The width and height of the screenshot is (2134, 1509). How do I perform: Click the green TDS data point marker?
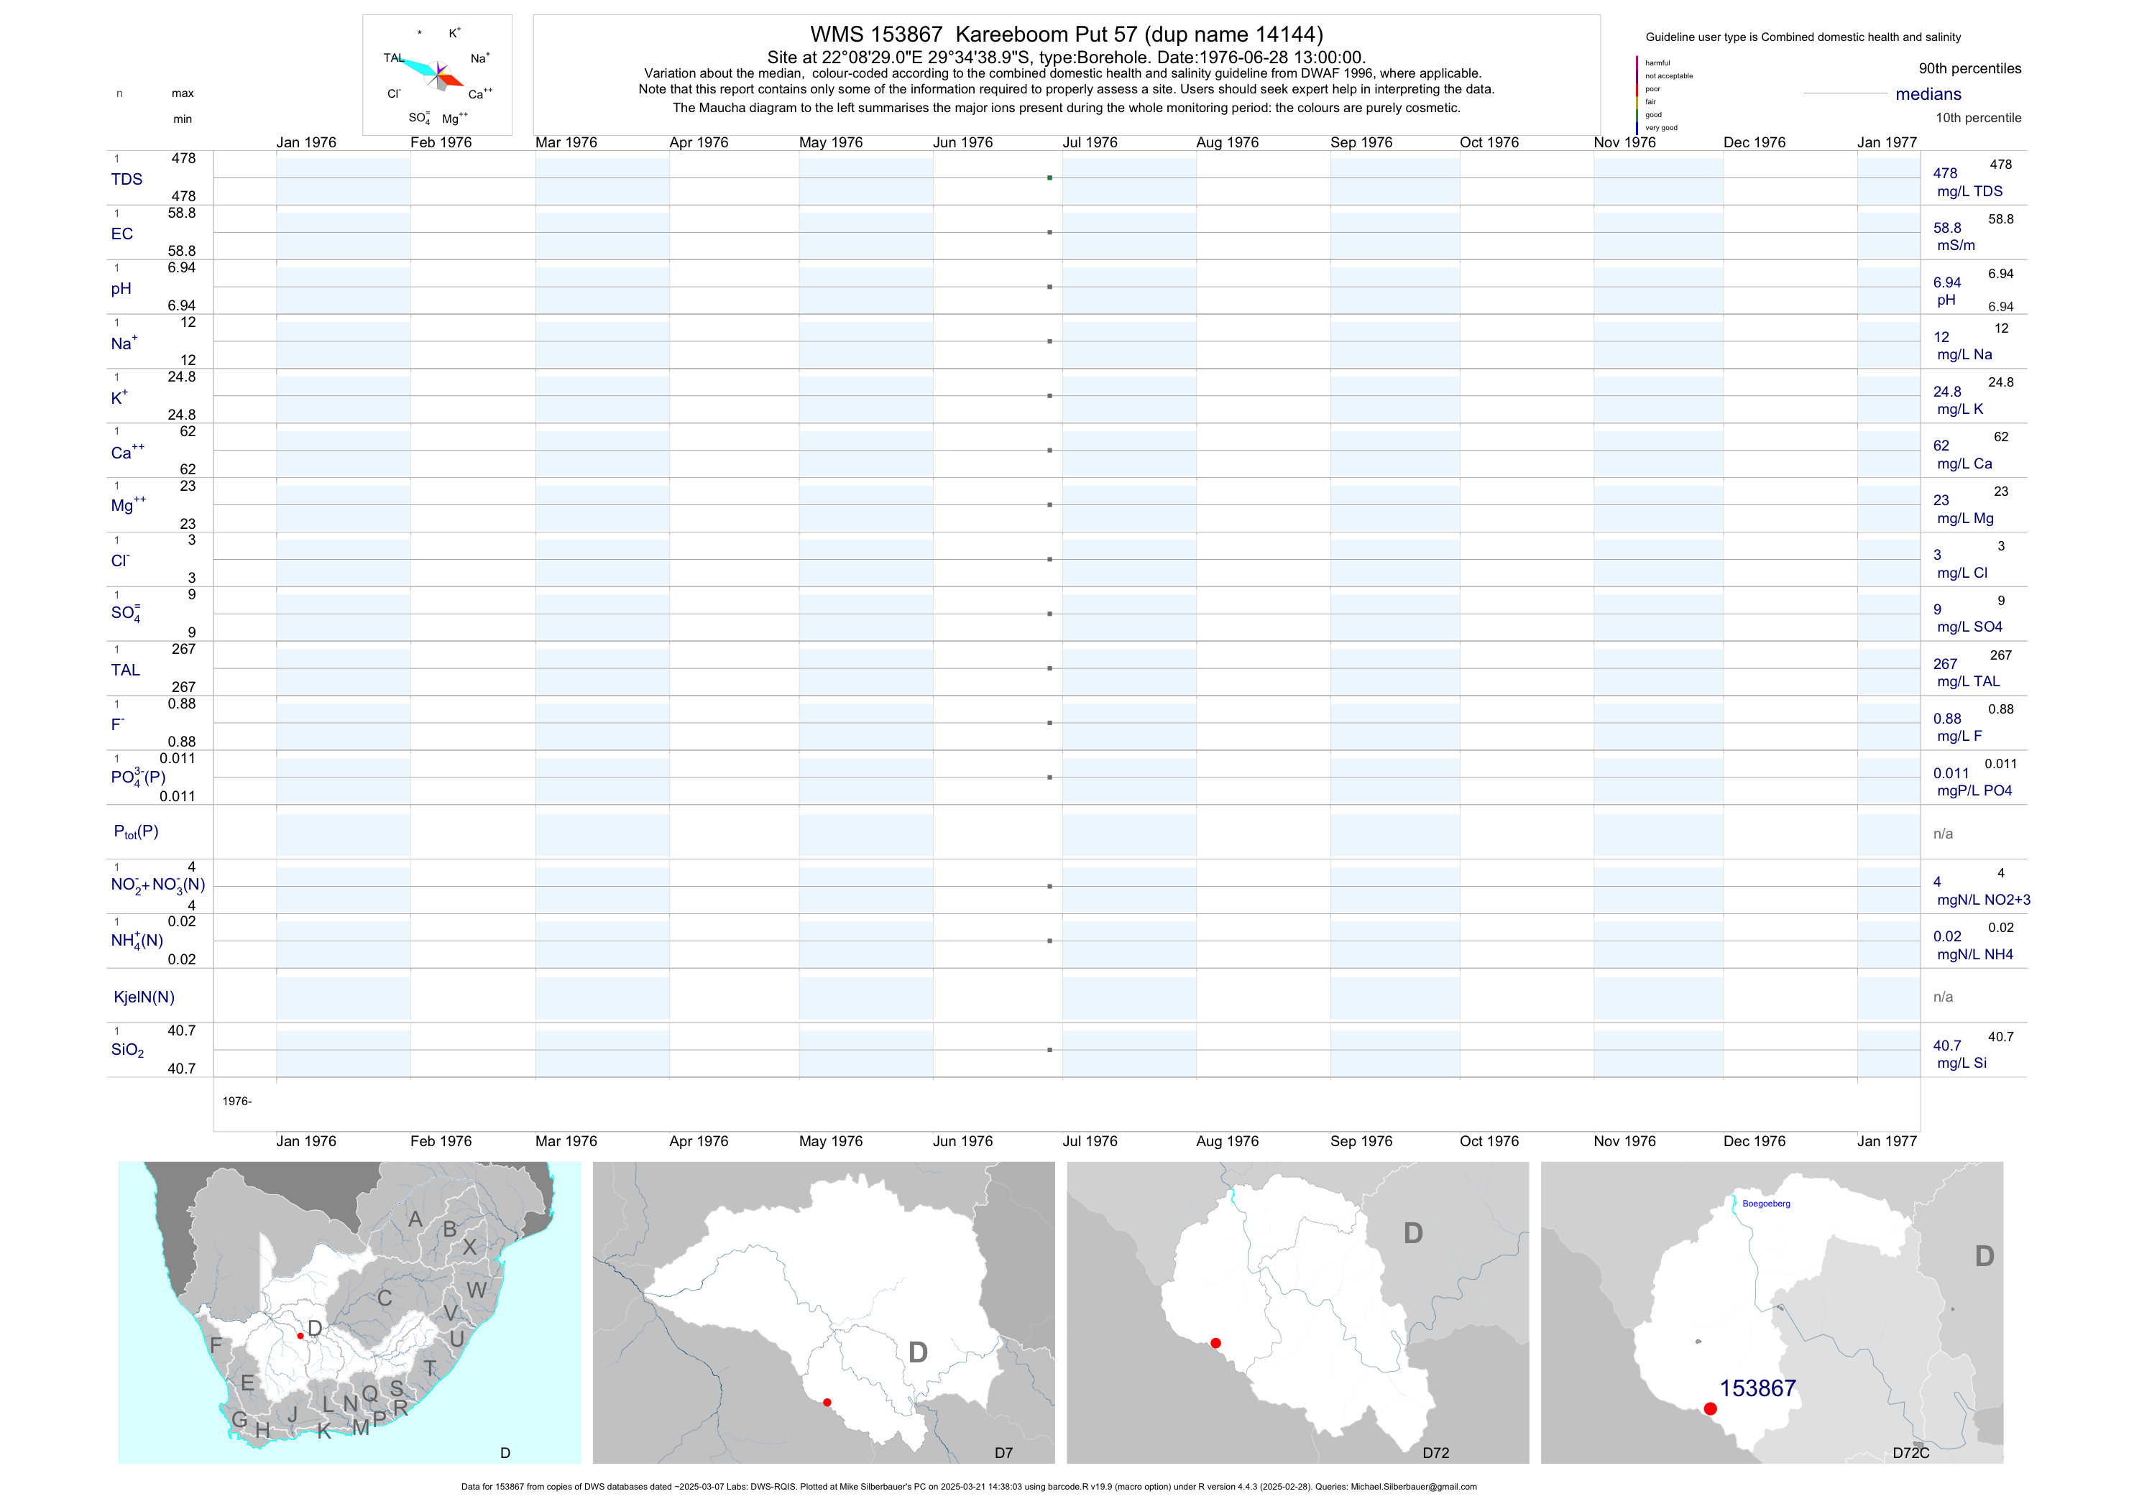1049,177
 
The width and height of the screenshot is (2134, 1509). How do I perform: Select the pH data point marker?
1049,287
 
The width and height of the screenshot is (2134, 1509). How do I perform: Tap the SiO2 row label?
127,1050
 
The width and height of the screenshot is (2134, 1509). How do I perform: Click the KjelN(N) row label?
144,997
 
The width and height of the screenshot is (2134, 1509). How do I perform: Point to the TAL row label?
126,670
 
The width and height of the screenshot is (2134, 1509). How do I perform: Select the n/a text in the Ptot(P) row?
1943,834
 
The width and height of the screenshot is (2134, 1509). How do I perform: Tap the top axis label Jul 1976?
1090,142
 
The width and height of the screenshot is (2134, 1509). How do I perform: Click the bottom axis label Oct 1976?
1489,1141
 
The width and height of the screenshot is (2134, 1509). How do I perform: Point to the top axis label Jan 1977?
1886,142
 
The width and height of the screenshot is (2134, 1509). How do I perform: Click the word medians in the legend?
1928,94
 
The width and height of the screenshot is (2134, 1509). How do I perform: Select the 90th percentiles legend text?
1969,69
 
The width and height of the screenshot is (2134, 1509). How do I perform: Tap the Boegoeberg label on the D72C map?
1765,1204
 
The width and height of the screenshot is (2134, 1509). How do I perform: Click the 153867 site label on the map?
1757,1388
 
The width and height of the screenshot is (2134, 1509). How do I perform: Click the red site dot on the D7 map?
827,1402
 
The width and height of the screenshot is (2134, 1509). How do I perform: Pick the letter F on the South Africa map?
216,1344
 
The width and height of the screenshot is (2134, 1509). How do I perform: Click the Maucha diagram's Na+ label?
479,58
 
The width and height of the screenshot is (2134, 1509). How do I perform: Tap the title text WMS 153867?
875,34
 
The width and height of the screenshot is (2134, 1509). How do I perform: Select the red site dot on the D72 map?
1215,1343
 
